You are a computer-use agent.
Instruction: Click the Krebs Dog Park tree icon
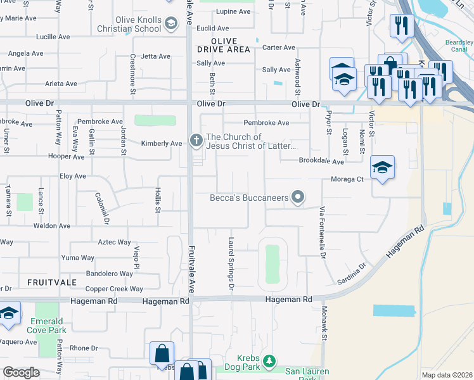(x=269, y=360)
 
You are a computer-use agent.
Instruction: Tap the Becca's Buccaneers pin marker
(x=297, y=198)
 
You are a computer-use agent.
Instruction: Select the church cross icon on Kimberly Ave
(x=196, y=139)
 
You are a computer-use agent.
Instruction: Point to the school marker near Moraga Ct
(x=382, y=168)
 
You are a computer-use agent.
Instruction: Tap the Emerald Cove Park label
(x=48, y=326)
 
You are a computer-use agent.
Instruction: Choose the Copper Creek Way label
(x=114, y=289)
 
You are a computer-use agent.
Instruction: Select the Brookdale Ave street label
(x=321, y=161)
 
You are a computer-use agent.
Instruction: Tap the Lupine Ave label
(x=233, y=11)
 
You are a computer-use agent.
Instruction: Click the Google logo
(x=21, y=372)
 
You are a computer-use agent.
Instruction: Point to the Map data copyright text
(x=447, y=375)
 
